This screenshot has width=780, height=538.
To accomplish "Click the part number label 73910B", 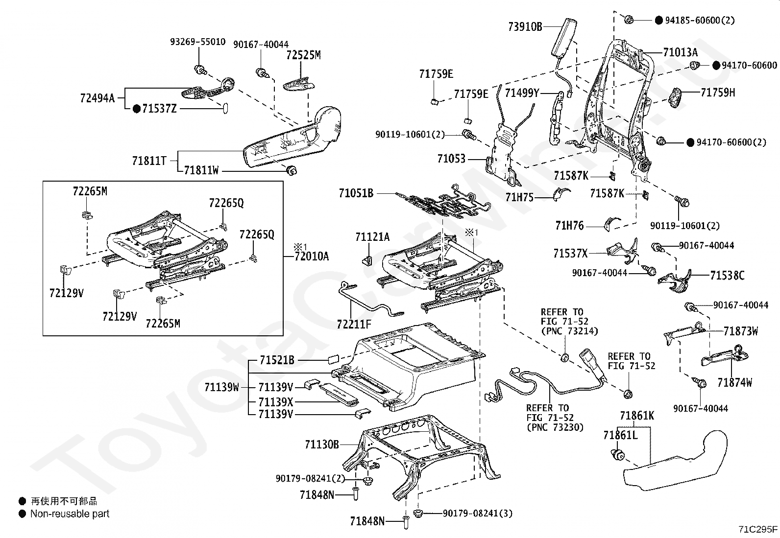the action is click(525, 26).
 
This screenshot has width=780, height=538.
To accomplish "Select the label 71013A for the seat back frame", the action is click(681, 52).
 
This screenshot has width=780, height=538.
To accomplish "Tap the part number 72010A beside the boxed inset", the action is click(312, 257).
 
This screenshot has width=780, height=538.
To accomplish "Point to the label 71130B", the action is click(322, 444).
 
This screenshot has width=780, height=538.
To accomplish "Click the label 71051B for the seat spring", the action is click(356, 193).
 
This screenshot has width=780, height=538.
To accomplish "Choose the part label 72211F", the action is click(354, 325).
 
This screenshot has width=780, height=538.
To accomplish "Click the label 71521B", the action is click(277, 360).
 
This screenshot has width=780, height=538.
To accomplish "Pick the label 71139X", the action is click(276, 402).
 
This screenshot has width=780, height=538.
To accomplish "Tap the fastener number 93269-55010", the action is click(198, 42).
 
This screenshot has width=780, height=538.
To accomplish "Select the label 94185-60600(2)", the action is click(700, 20).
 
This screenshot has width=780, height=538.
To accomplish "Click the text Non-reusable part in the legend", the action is click(70, 514).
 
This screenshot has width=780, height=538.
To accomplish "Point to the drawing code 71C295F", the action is click(758, 529).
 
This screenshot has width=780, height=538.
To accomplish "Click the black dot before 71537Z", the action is click(137, 109).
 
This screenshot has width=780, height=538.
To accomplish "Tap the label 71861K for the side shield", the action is click(637, 416).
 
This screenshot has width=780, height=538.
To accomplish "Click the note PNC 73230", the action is click(555, 427).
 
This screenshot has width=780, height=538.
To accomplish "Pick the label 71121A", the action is click(372, 237).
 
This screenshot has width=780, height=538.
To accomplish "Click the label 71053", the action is click(451, 159).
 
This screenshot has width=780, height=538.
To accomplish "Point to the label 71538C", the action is click(728, 275).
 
